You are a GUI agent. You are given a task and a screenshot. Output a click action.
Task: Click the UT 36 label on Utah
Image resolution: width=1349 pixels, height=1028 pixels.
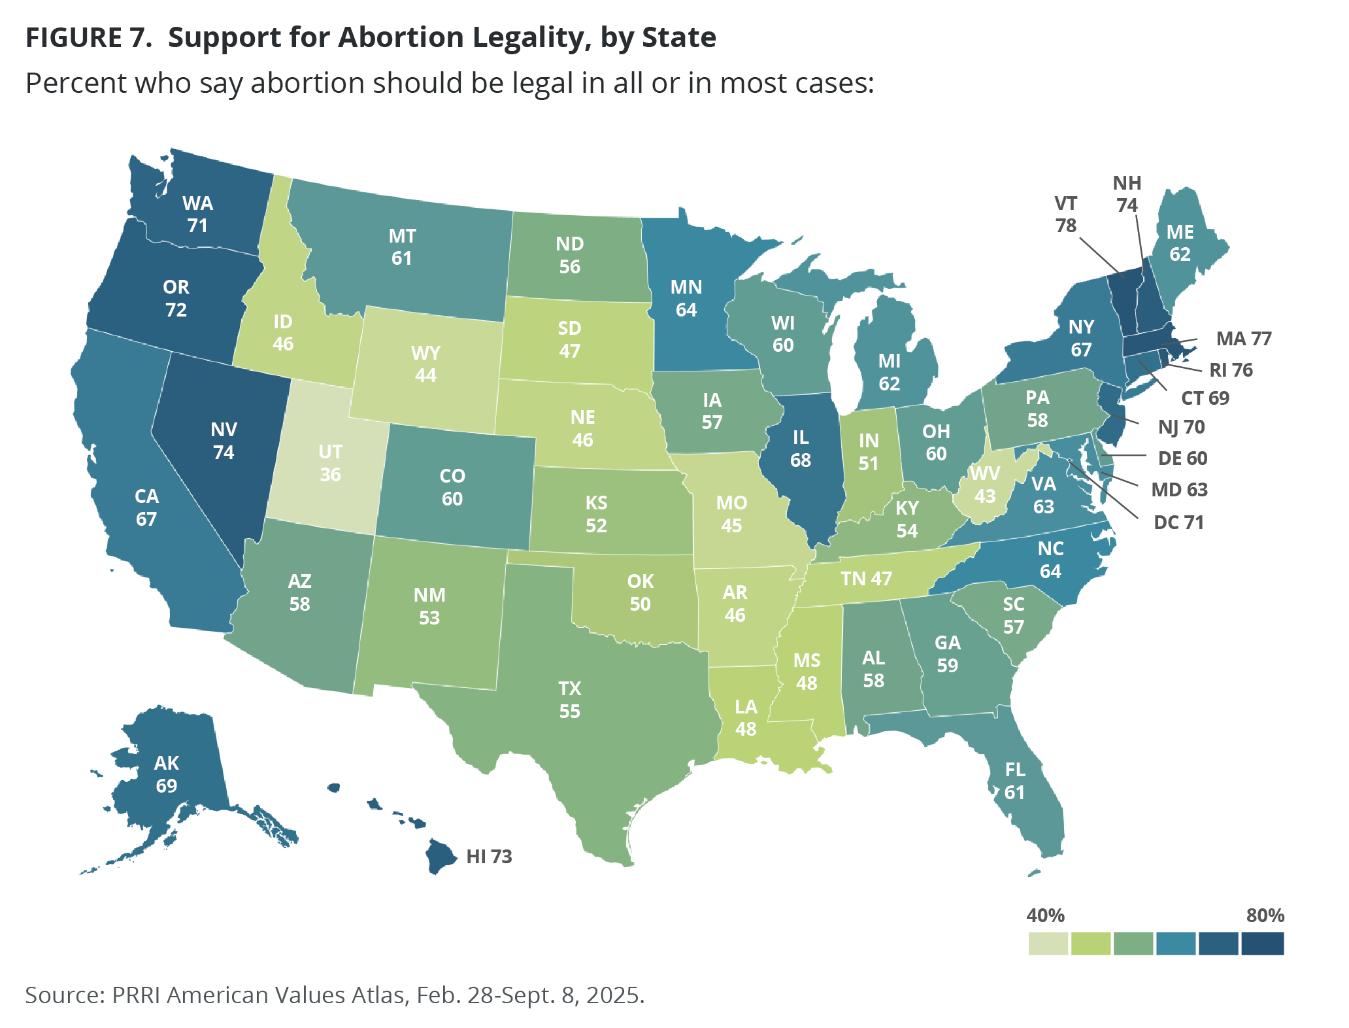tap(330, 462)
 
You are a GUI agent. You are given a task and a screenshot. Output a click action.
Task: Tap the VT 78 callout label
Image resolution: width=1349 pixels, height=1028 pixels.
tap(1065, 214)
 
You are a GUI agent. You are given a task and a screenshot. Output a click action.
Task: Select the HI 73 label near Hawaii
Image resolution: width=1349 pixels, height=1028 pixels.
tap(489, 856)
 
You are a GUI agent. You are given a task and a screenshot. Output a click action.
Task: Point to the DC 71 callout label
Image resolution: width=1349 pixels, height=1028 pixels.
tap(1178, 523)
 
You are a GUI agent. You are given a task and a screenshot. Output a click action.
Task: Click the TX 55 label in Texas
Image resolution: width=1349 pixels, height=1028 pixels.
tap(569, 700)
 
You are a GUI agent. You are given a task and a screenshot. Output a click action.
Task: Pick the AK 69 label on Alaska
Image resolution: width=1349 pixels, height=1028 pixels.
tap(167, 774)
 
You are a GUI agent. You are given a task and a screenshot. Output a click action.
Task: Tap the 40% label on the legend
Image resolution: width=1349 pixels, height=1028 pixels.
tap(1045, 915)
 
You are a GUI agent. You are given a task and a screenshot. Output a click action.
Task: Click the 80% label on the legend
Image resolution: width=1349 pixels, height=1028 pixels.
tap(1265, 915)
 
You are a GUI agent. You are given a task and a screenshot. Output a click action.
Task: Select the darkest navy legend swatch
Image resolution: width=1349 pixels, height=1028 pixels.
tap(1263, 944)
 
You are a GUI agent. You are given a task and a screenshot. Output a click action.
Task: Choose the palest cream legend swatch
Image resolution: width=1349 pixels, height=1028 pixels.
tap(1048, 944)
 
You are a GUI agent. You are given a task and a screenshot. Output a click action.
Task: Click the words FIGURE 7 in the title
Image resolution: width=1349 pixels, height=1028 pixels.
tap(88, 37)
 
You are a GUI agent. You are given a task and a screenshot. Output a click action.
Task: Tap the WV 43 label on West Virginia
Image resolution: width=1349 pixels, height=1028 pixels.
tap(985, 485)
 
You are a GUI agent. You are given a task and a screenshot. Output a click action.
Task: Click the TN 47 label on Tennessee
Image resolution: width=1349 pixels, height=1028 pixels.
tap(866, 579)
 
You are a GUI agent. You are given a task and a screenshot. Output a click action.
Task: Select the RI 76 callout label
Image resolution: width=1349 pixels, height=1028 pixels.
tap(1231, 370)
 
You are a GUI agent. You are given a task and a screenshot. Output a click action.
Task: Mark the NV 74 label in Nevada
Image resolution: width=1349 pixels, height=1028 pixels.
tap(224, 441)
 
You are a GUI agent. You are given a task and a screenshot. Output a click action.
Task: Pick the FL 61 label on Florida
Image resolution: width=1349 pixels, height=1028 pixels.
tap(1014, 781)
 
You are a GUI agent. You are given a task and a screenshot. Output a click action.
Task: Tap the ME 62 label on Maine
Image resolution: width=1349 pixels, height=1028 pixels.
tap(1180, 243)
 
